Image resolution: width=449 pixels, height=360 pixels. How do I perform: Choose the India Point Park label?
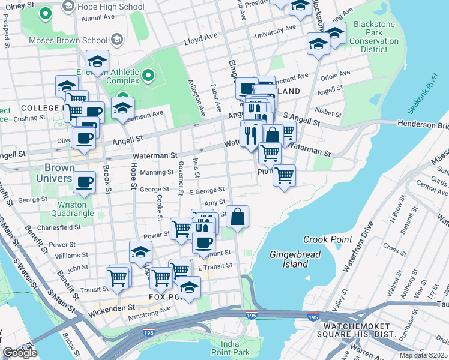(x=234, y=348)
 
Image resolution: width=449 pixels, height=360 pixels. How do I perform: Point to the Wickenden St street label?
(x=112, y=310)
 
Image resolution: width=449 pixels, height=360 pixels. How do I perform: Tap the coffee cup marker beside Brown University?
(x=84, y=181)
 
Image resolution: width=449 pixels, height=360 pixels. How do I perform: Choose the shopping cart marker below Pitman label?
(x=284, y=176)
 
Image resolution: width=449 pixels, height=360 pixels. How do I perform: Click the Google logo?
(x=20, y=353)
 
